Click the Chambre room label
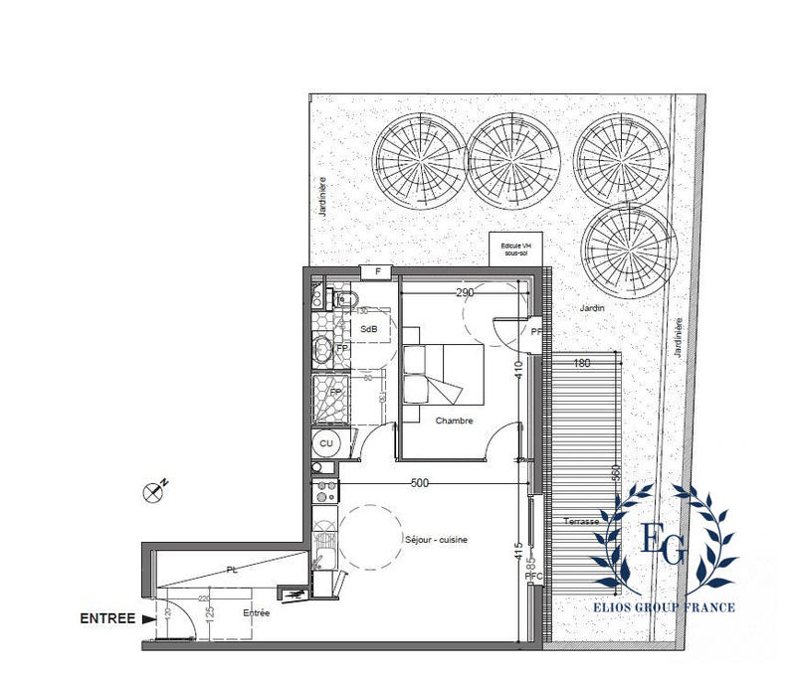coord(454,421)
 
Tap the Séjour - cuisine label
coord(436,540)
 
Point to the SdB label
coord(368,329)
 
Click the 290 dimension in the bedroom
coord(465,293)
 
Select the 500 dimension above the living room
coord(419,483)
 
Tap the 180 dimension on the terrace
coord(582,364)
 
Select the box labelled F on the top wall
coord(377,272)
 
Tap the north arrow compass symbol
coord(154,489)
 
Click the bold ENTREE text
coord(106,618)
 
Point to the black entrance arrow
coord(148,618)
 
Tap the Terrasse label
coord(581,522)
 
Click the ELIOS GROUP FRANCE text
coord(664,606)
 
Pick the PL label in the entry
coord(232,571)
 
